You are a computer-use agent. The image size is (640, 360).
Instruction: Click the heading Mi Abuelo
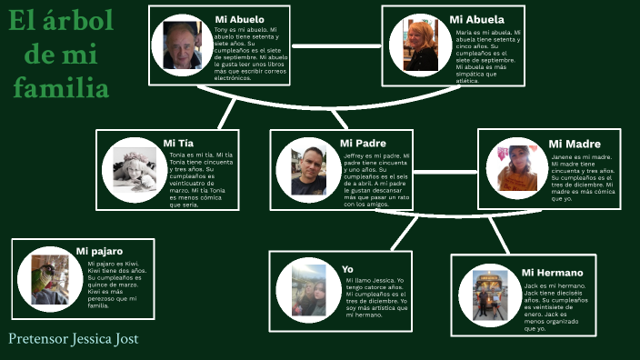[240, 19]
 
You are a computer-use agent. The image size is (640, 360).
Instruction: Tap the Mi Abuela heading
[476, 19]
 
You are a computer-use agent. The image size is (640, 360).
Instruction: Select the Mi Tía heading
[178, 143]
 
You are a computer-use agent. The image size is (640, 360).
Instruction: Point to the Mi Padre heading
[363, 143]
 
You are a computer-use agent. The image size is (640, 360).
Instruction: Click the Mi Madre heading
[575, 144]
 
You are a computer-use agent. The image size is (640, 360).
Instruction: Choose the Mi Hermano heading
[553, 272]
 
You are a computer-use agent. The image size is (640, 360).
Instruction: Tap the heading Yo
[347, 269]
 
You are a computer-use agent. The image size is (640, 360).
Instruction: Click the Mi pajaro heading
[99, 250]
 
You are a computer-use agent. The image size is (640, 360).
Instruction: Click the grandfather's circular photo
[183, 45]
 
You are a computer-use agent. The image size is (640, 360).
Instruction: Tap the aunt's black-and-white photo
[135, 170]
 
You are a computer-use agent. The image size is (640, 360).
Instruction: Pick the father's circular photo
[308, 171]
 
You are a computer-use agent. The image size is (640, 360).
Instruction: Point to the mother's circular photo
[516, 168]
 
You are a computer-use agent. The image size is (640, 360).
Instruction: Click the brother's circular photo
[490, 294]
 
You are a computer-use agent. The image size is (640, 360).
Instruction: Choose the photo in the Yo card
[308, 289]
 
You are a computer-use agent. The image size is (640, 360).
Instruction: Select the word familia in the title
[63, 88]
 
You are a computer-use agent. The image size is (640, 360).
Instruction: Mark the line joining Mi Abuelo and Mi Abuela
[335, 44]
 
